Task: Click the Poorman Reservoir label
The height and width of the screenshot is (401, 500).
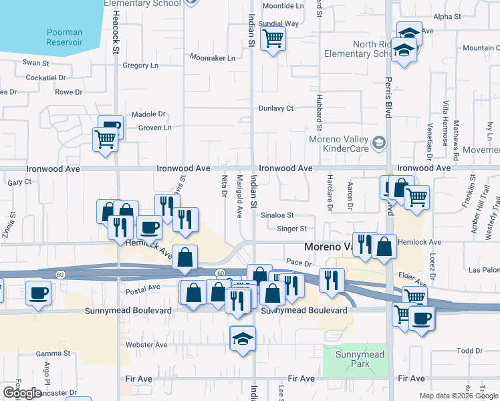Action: point(65,37)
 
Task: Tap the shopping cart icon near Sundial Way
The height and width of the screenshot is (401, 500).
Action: point(273,39)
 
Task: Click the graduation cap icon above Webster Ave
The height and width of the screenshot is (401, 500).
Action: point(243,340)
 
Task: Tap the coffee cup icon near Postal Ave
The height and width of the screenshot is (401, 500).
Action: point(39,293)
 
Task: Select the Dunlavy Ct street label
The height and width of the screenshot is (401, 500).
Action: point(276,108)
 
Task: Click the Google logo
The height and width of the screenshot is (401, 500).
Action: point(22,393)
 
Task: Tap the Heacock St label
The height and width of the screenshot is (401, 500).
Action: point(115,27)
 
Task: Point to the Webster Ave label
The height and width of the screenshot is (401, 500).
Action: point(146,345)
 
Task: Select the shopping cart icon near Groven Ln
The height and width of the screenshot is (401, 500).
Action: point(105,140)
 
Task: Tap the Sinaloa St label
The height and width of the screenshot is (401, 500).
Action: point(277,215)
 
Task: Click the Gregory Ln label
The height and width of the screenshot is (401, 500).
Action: point(140,65)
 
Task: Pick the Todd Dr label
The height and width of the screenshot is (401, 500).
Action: point(469,351)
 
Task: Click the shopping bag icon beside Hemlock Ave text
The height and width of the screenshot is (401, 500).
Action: point(384,246)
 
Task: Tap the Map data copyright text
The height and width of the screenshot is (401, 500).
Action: point(459,396)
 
